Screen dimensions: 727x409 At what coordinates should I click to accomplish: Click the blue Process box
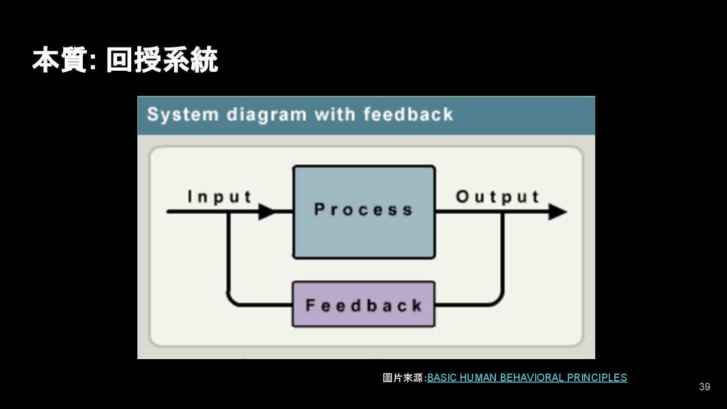tap(363, 212)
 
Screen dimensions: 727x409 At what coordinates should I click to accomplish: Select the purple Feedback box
tap(363, 304)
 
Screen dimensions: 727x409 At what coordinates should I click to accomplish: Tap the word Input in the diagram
tap(220, 196)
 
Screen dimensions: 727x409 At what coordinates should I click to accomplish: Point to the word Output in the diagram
tap(498, 196)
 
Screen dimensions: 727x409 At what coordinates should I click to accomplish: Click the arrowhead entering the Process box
tap(267, 212)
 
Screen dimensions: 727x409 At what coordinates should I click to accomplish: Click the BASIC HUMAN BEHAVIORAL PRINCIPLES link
tap(527, 378)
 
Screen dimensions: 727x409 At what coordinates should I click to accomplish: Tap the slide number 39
tap(704, 387)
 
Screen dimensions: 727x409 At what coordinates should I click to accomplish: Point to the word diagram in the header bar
tap(266, 115)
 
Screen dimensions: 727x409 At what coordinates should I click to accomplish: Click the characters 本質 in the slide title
tap(60, 61)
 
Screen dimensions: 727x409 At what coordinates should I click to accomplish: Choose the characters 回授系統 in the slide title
tap(162, 61)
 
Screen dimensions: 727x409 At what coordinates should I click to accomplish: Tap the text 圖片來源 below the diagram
tap(403, 378)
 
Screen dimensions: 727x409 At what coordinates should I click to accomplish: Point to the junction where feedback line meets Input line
tap(229, 212)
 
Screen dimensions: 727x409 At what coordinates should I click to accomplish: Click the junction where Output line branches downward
tap(502, 212)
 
